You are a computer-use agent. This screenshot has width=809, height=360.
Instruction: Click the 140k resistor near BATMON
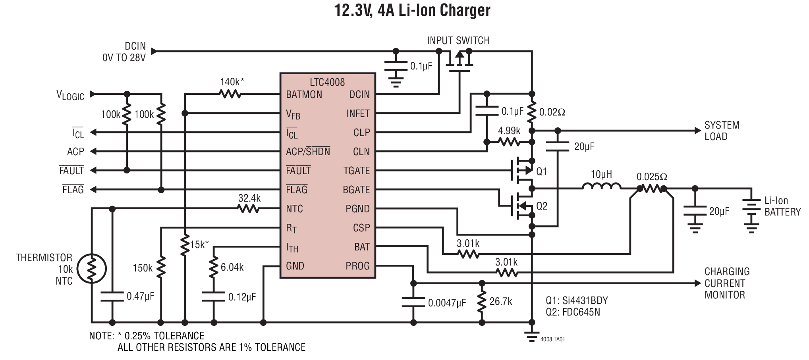tap(230, 94)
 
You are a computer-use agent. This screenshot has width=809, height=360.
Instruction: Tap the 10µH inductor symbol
tap(601, 187)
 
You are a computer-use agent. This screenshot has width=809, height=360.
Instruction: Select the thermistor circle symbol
tap(92, 269)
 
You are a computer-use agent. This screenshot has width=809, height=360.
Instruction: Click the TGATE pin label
tap(356, 171)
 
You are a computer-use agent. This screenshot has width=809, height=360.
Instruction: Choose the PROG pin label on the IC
tap(357, 266)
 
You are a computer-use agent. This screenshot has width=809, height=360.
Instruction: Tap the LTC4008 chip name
tap(327, 82)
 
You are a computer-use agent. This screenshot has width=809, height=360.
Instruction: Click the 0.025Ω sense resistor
tap(651, 189)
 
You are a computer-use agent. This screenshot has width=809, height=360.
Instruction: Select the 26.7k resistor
tap(482, 303)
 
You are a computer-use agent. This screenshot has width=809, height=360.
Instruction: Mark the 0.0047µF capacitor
tap(413, 302)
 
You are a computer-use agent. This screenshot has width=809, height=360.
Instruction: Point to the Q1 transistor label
tap(542, 171)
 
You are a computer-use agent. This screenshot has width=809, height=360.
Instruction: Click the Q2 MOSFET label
tap(542, 206)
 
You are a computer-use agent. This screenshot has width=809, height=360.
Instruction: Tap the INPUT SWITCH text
tap(458, 40)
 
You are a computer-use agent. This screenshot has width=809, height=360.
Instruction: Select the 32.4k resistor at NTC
tap(249, 209)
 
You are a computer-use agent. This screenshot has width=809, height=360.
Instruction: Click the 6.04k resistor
tap(214, 267)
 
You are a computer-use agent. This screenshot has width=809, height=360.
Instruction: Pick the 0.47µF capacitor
tap(112, 296)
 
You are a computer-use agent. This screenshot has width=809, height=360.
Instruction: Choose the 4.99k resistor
tap(509, 142)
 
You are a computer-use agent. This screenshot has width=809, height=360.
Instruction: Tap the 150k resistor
tap(161, 268)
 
